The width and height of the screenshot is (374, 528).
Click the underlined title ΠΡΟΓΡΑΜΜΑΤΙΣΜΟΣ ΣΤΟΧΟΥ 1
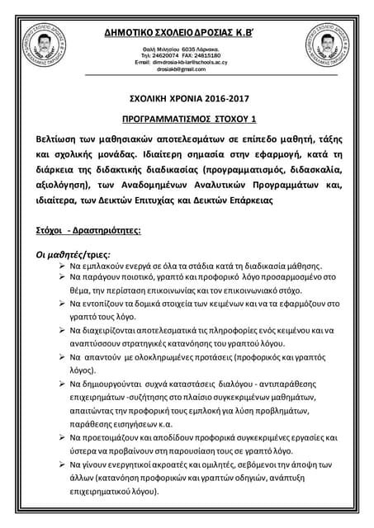(x=186, y=119)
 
